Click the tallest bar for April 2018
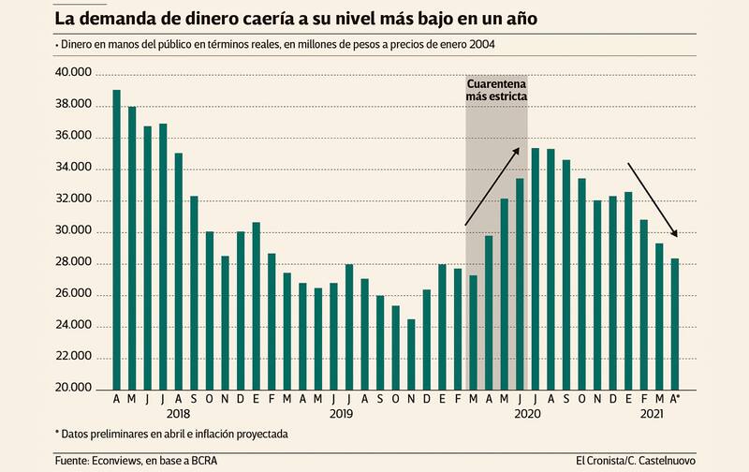pyautogui.click(x=117, y=239)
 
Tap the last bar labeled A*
pyautogui.click(x=674, y=323)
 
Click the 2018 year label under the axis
pyautogui.click(x=178, y=413)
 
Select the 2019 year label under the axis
pyautogui.click(x=341, y=413)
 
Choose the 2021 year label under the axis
pyautogui.click(x=652, y=413)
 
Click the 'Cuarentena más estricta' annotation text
pyautogui.click(x=497, y=89)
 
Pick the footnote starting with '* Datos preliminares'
pyautogui.click(x=171, y=434)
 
